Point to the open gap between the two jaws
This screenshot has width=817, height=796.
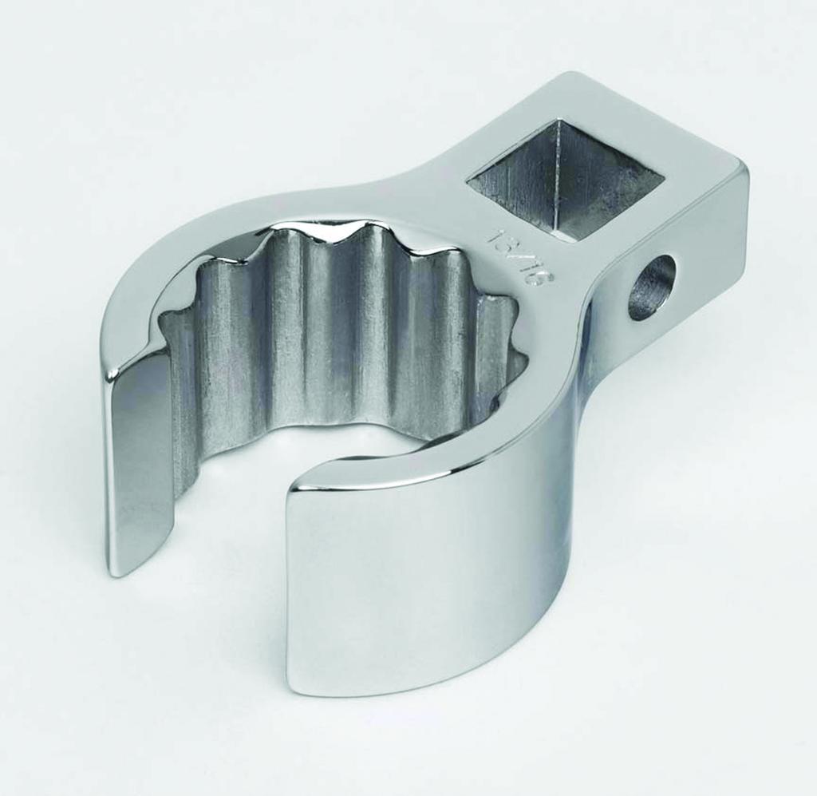pyautogui.click(x=231, y=551)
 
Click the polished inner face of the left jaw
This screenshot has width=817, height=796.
pyautogui.click(x=140, y=463)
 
